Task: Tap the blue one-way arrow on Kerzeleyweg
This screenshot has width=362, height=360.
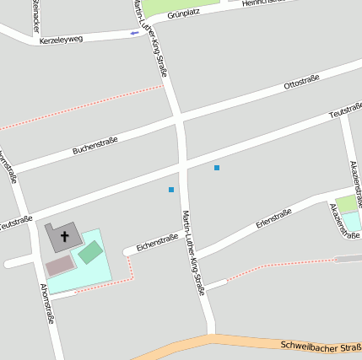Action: pos(134,33)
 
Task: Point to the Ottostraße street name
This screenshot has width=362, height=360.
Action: pos(301,83)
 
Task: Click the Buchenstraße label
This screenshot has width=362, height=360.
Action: pos(95,144)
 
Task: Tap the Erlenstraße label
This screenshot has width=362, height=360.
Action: pos(273,218)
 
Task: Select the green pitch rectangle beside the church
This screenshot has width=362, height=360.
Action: pos(90,251)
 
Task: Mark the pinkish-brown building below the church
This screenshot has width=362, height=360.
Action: pos(60,266)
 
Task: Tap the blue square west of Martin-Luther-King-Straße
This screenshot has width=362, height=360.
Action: pos(171,189)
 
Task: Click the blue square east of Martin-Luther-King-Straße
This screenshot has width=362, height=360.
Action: pos(217,168)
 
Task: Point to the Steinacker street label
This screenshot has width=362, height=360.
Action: pos(35,12)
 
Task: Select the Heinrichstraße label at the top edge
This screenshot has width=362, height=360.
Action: pos(262,3)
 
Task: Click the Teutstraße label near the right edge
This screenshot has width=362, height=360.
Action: pos(345,110)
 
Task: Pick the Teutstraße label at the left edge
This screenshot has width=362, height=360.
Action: pos(15,223)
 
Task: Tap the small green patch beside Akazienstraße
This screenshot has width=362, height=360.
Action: pos(347,204)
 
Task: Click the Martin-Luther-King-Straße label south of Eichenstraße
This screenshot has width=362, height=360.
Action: pos(193,253)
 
